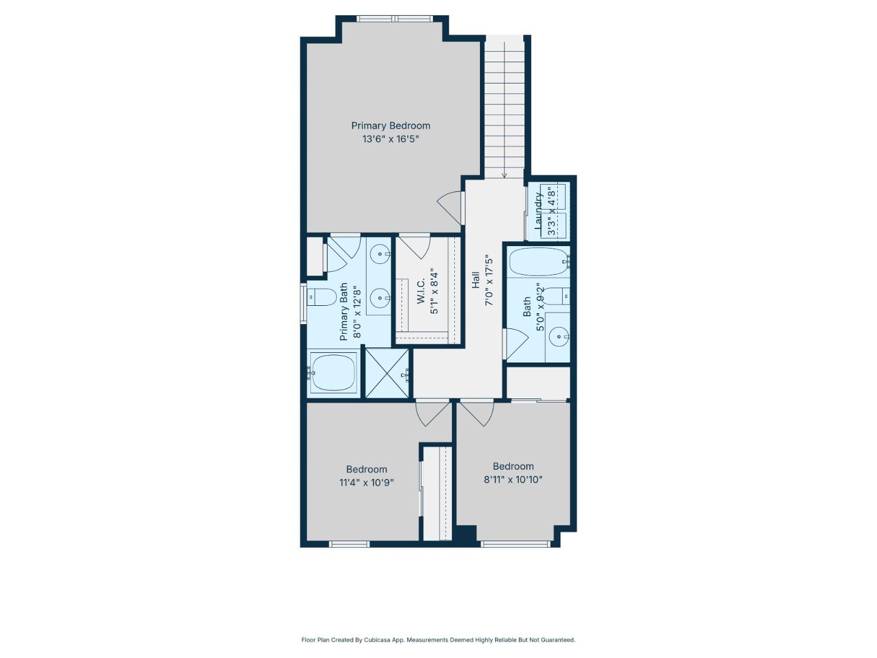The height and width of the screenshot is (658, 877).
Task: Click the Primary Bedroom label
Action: tap(390, 126)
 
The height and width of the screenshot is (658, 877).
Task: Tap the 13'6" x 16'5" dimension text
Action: tap(390, 139)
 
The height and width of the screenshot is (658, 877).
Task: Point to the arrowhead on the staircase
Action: tap(504, 175)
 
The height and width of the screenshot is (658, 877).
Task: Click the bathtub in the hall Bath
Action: tap(538, 262)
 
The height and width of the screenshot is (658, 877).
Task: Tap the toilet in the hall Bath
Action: tap(555, 296)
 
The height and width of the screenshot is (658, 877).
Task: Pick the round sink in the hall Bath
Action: tap(558, 336)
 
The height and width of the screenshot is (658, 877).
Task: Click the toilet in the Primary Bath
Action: tap(322, 297)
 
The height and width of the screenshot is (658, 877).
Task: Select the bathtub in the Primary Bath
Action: tap(333, 372)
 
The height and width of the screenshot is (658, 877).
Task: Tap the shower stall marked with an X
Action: tap(387, 373)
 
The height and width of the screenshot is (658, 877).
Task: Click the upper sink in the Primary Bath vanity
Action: tap(381, 253)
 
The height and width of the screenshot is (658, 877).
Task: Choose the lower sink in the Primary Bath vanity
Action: tap(381, 298)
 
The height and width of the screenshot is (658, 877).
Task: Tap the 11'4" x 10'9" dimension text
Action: tap(367, 483)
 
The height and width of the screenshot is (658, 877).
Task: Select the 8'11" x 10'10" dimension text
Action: tap(513, 479)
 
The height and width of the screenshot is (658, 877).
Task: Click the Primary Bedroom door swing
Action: tap(451, 208)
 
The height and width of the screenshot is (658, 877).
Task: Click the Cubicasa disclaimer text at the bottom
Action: tap(438, 640)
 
